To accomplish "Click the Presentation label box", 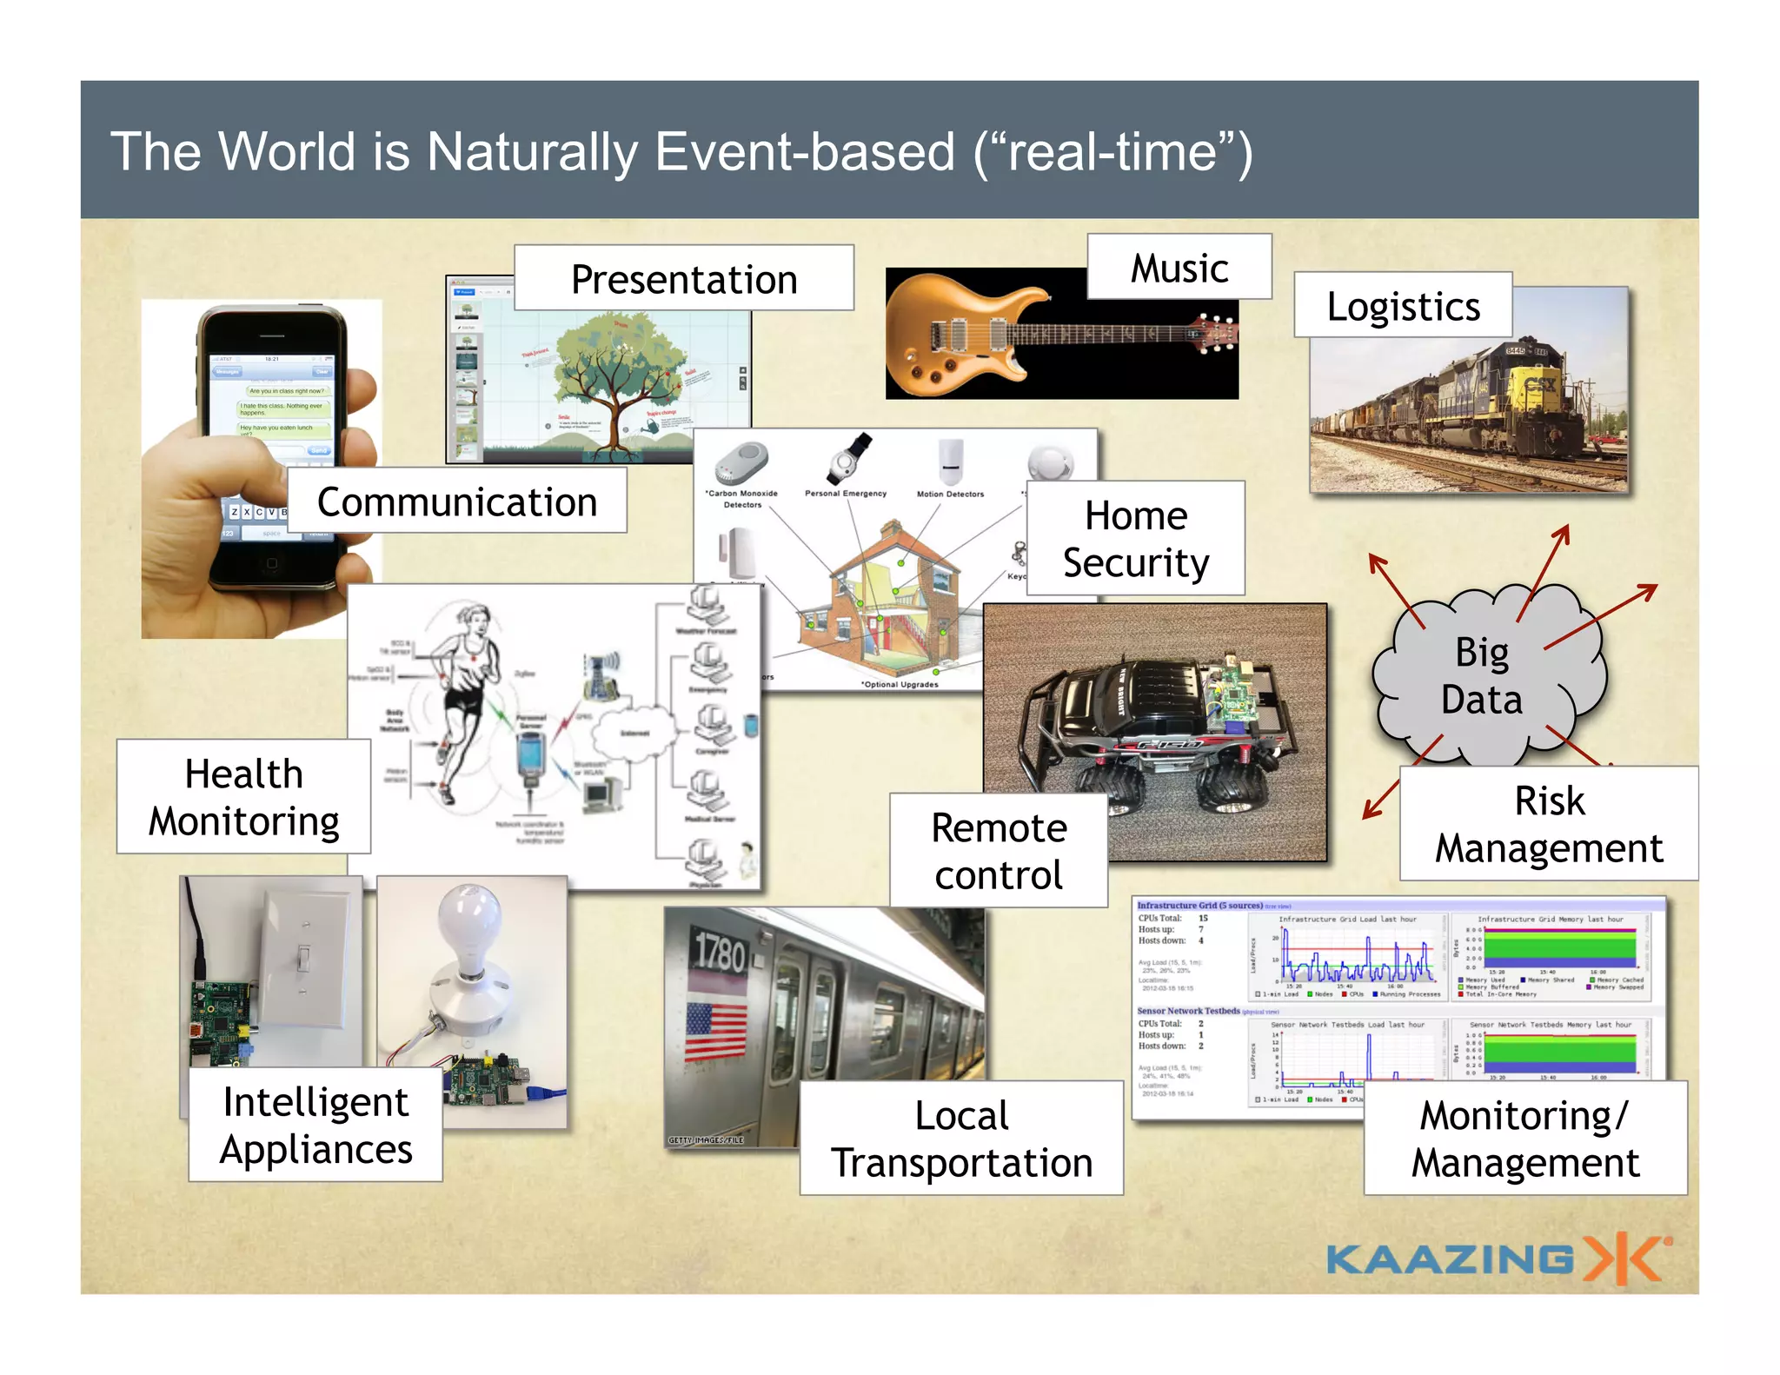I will pyautogui.click(x=684, y=278).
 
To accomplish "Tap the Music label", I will pyautogui.click(x=1179, y=267).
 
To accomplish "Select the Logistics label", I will pyautogui.click(x=1403, y=305).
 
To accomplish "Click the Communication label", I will pyautogui.click(x=457, y=501).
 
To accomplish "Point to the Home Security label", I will pyautogui.click(x=1135, y=538).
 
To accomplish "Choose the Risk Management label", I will pyautogui.click(x=1549, y=823).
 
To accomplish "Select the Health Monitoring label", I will pyautogui.click(x=243, y=796).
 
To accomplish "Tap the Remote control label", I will pyautogui.click(x=999, y=850).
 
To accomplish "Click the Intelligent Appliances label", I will pyautogui.click(x=315, y=1124).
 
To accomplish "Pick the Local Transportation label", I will pyautogui.click(x=961, y=1138).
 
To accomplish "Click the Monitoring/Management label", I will pyautogui.click(x=1525, y=1138).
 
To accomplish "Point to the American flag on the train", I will pyautogui.click(x=715, y=1031).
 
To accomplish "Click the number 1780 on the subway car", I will pyautogui.click(x=719, y=952).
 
